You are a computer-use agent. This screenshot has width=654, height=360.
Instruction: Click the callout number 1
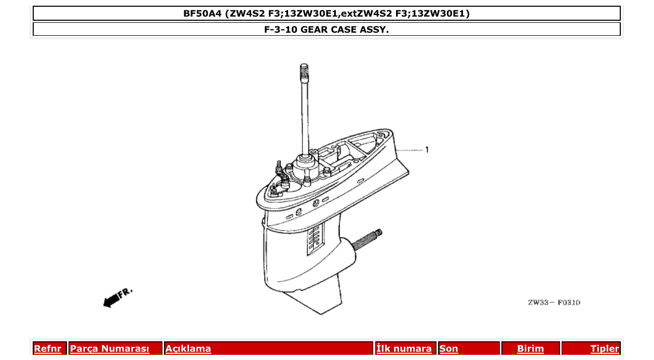427,150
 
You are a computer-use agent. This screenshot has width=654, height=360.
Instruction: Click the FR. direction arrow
118,297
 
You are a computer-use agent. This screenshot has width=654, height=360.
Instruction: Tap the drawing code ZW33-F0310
554,302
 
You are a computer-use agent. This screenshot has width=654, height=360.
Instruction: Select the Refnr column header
47,349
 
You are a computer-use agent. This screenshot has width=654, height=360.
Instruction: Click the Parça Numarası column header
110,349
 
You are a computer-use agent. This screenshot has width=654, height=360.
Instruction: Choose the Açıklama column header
188,349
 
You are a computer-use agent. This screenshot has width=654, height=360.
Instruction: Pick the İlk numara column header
404,349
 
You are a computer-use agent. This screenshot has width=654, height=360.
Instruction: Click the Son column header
449,349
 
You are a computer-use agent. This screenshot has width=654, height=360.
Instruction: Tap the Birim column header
530,349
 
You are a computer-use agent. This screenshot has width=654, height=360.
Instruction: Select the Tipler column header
605,349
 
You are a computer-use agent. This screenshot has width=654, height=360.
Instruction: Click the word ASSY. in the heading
374,30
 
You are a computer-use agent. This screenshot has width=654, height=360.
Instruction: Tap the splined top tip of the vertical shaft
305,71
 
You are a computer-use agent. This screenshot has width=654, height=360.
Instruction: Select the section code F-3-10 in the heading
280,30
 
